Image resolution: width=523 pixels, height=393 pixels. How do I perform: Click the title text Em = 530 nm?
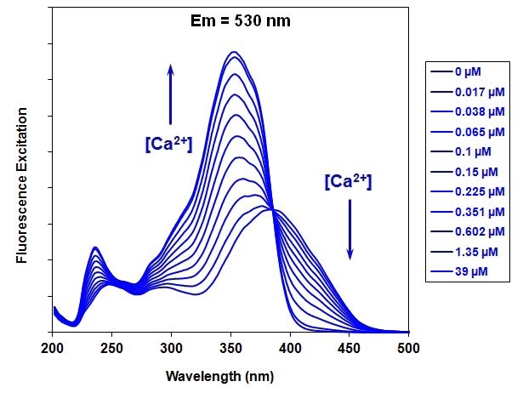240,20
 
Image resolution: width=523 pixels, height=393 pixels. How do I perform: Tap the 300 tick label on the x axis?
171,347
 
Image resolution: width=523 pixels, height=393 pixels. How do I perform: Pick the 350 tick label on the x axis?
230,347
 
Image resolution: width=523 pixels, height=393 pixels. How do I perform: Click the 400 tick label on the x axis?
290,347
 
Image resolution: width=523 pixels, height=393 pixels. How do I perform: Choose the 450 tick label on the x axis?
350,347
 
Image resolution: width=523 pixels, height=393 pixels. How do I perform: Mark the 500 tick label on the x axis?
409,347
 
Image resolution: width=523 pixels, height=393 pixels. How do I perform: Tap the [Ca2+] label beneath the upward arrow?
168,144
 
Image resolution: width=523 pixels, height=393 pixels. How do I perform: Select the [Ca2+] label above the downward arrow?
348,181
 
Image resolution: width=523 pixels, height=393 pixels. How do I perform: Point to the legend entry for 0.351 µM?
467,213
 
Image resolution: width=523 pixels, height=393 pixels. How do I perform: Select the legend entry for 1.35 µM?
467,252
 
